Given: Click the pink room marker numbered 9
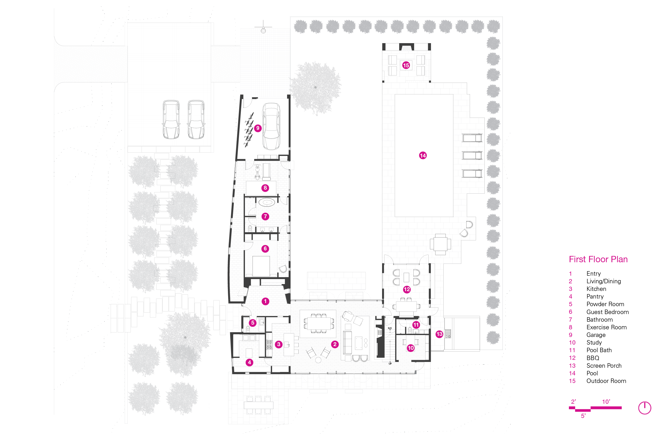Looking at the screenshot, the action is coord(257,128).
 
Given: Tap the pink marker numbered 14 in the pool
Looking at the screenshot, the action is coord(423,155).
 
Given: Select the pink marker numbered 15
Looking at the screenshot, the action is coord(406,65).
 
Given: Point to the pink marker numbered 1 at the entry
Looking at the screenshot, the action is coord(265,301).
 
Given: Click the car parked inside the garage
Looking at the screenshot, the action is coord(271,126).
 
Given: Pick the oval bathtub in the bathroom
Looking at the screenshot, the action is coord(267,202).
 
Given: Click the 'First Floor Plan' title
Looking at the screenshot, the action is coord(598,259).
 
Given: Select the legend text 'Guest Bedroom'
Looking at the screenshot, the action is coord(608,312).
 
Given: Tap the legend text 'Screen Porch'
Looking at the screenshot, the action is coord(604,366).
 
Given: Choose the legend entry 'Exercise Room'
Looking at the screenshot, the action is coord(607,327).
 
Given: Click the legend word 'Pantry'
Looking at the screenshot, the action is coord(595,296).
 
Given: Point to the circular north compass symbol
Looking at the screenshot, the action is coord(644,408).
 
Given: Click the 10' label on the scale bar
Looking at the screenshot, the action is coord(606,402).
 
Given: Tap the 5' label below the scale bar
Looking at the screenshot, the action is coord(583,416).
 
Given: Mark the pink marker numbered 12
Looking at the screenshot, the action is coord(407,289).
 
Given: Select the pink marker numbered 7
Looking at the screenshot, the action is coord(265,216).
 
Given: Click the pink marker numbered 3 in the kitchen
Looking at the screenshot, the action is coord(279,344).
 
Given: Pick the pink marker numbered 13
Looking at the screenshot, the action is coord(439,334).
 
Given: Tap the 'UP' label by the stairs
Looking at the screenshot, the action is coord(390,364).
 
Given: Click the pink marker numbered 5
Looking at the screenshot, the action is coord(252,323).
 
